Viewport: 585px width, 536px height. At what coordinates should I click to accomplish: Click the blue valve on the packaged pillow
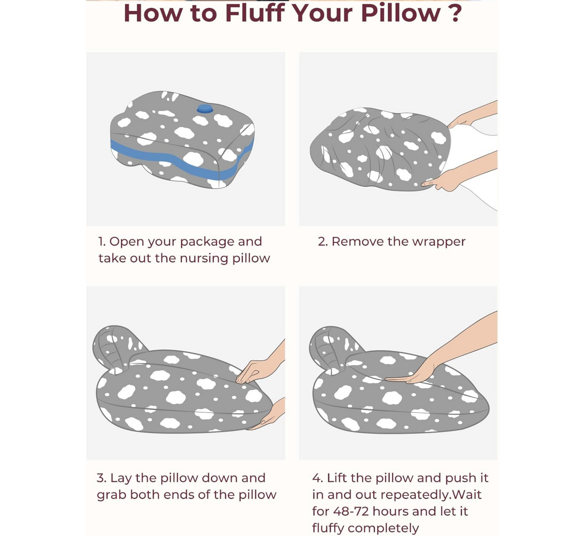(205, 109)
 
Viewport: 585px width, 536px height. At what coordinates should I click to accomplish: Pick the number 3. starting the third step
(102, 478)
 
